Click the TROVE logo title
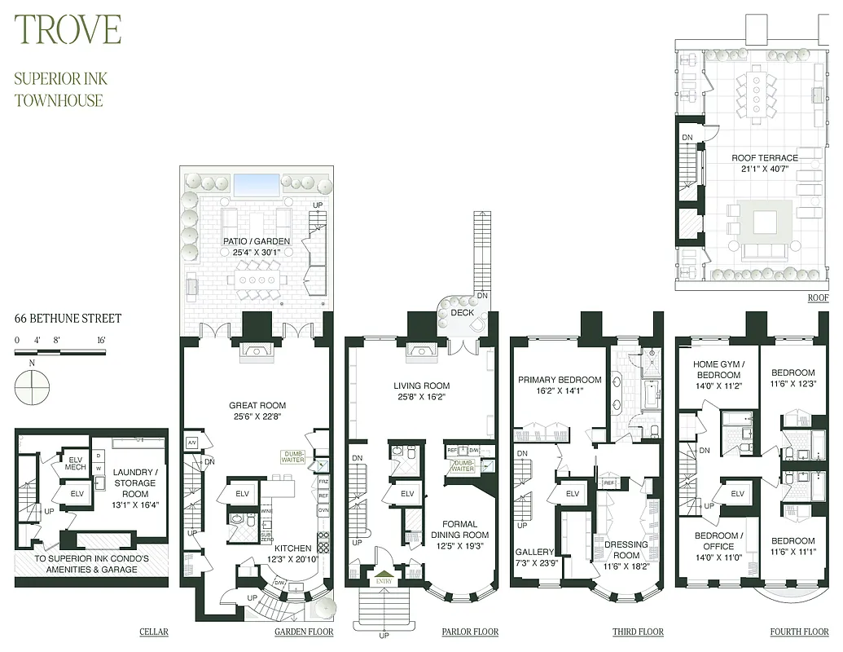(x=68, y=30)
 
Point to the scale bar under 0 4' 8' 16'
(x=60, y=352)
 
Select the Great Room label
(x=257, y=405)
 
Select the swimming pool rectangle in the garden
(x=257, y=184)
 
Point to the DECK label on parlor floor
(x=463, y=312)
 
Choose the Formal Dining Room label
(x=465, y=530)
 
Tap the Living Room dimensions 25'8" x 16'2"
(x=422, y=398)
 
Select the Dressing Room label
(x=626, y=549)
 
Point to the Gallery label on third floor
(x=534, y=552)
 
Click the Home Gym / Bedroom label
(x=718, y=368)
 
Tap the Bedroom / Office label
(x=718, y=541)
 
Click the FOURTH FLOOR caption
(x=799, y=632)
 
